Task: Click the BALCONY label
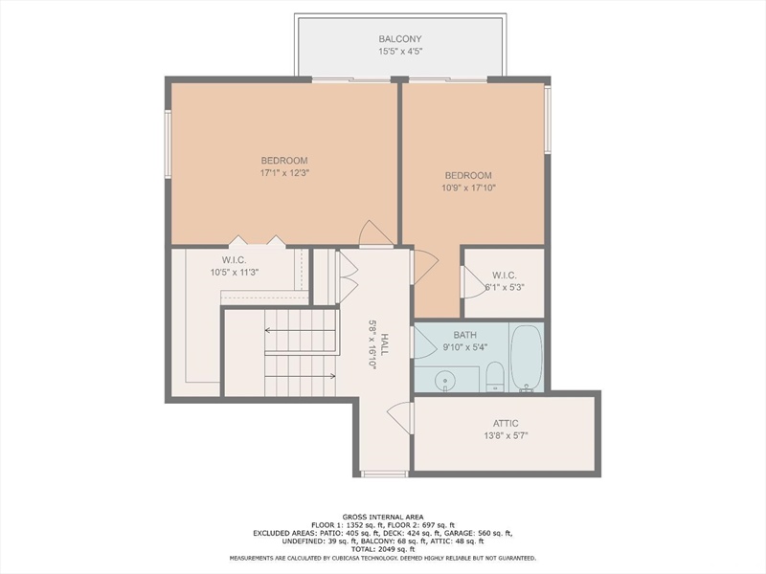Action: (399, 39)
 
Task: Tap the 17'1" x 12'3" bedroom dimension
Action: (284, 173)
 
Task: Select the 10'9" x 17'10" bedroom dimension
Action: (468, 188)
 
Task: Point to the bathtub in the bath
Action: (526, 357)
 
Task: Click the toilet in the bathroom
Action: (495, 376)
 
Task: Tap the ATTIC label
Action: (506, 424)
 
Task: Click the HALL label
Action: (385, 344)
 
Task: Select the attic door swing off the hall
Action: (400, 417)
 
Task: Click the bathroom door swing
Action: (425, 342)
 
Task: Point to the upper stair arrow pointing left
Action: (300, 330)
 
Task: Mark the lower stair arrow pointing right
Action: (300, 376)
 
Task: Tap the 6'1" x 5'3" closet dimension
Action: (505, 288)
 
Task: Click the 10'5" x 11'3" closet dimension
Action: (235, 273)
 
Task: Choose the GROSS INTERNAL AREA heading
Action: (383, 517)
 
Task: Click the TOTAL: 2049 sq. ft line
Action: (383, 549)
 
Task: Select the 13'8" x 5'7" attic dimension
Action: (506, 436)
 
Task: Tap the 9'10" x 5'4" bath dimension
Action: (465, 347)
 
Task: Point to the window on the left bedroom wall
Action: (168, 144)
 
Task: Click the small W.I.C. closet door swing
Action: (474, 282)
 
